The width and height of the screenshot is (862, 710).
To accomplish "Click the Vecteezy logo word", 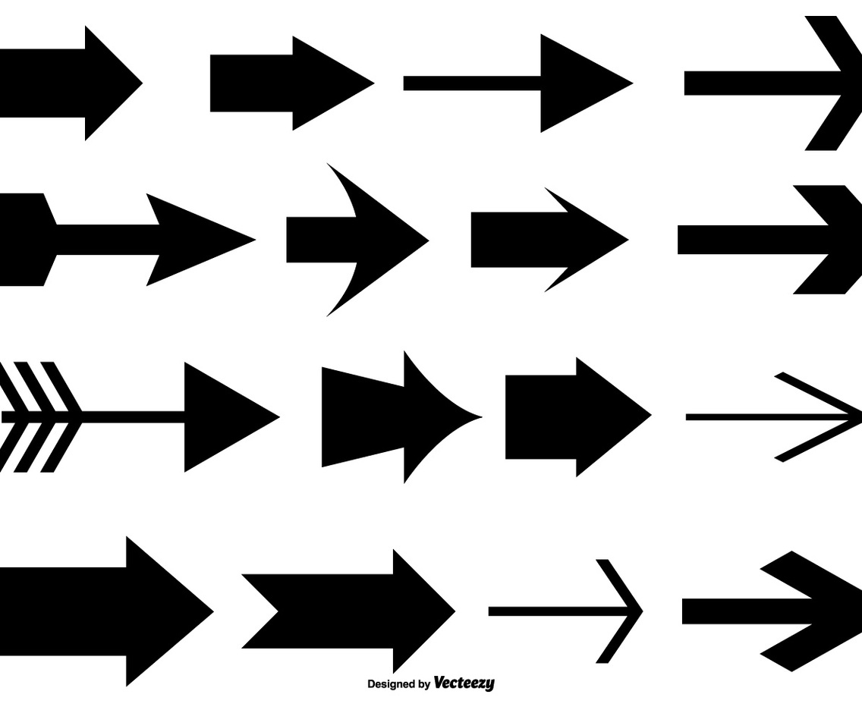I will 464,683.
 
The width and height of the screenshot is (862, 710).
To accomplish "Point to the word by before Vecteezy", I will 423,684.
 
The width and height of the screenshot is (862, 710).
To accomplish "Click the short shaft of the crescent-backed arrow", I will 319,240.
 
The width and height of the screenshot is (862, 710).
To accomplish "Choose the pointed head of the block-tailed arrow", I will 205,240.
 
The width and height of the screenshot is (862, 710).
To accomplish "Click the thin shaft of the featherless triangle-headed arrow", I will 470,83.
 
